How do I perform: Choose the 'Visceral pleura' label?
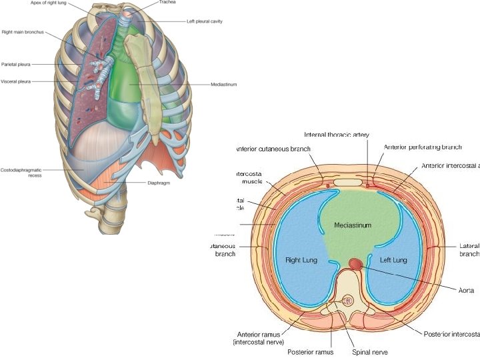(16, 81)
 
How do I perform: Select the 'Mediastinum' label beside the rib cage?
(223, 85)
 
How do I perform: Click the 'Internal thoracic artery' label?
(337, 134)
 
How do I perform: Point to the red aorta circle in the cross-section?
(356, 265)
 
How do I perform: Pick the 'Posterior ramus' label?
(309, 351)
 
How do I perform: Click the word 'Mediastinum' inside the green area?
(353, 225)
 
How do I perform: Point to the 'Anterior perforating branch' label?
(423, 147)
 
